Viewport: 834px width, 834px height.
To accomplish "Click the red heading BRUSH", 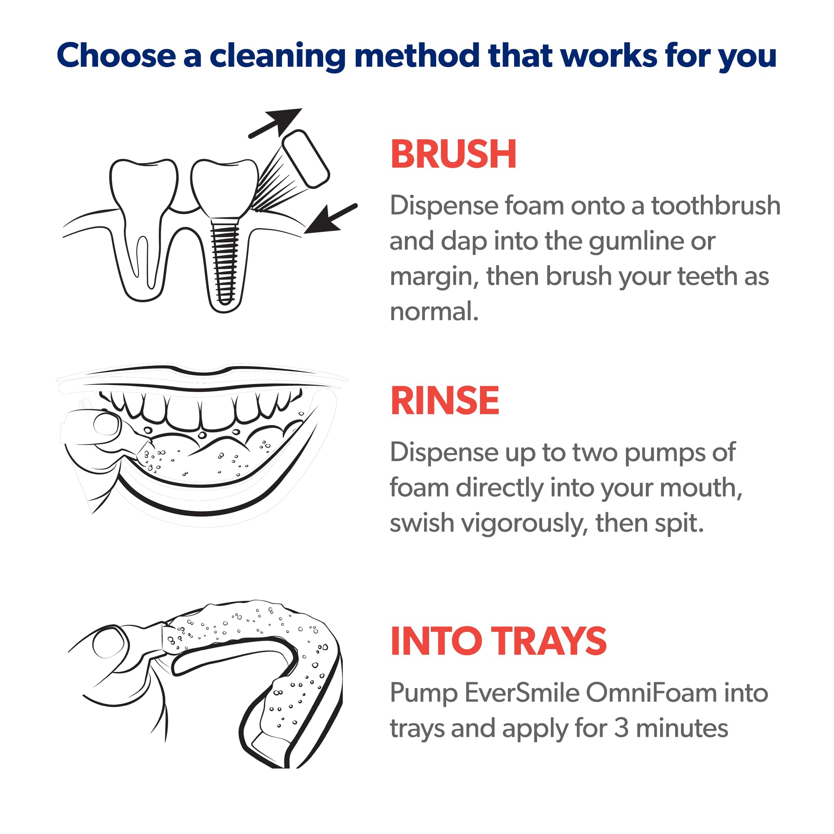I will (x=453, y=154).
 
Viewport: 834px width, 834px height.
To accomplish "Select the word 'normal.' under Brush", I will (x=434, y=311).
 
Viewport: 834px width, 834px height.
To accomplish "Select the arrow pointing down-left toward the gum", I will (x=328, y=219).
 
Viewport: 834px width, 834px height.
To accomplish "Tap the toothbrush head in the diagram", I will (x=306, y=159).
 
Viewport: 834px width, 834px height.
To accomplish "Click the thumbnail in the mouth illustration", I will (x=106, y=425).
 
